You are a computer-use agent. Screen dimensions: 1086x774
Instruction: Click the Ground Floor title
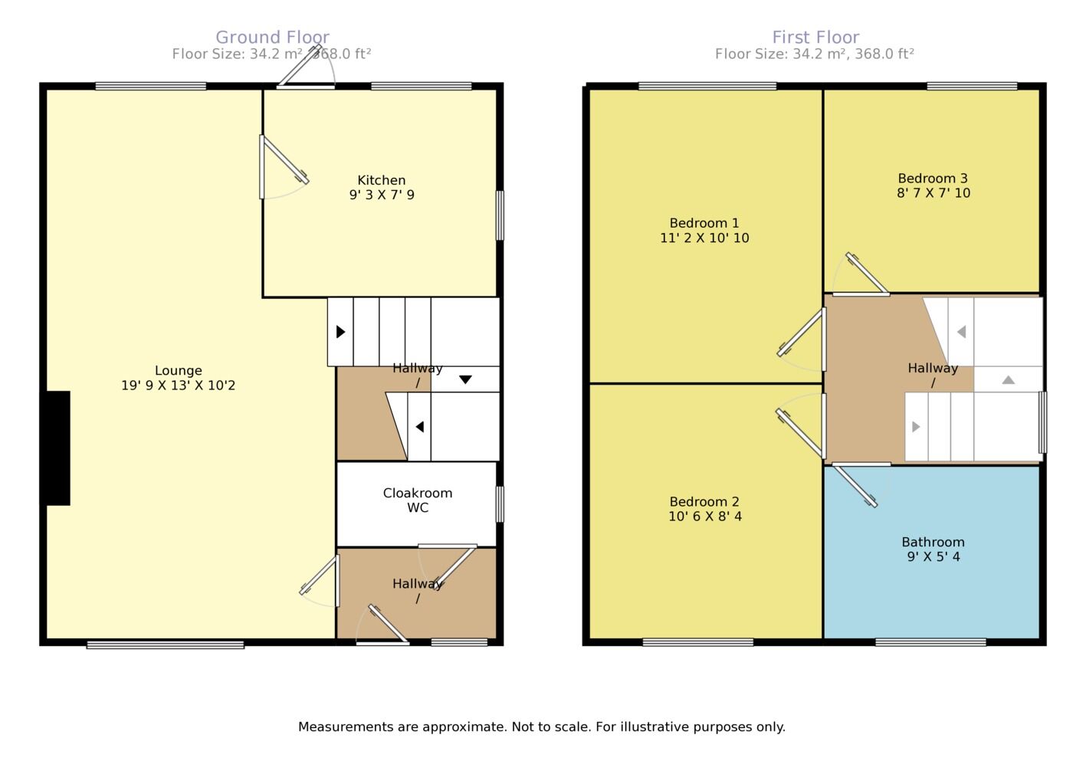pyautogui.click(x=273, y=38)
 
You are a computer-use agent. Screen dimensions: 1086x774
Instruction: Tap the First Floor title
pyautogui.click(x=815, y=38)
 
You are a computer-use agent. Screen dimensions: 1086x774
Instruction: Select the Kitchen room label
pyautogui.click(x=382, y=180)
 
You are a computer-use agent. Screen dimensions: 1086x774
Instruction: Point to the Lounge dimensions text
pyautogui.click(x=178, y=385)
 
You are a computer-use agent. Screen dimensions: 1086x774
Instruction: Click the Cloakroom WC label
pyautogui.click(x=418, y=500)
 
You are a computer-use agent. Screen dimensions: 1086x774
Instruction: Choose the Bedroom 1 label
pyautogui.click(x=704, y=223)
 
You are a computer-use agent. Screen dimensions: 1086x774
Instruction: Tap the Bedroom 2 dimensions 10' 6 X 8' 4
pyautogui.click(x=705, y=517)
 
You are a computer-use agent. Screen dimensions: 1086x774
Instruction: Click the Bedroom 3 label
pyautogui.click(x=933, y=179)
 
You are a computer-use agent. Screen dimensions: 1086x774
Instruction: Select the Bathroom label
pyautogui.click(x=933, y=542)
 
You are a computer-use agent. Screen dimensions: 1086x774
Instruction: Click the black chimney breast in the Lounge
pyautogui.click(x=57, y=448)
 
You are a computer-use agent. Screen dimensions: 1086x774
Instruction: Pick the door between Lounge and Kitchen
pyautogui.click(x=284, y=159)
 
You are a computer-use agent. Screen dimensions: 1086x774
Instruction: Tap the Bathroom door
pyautogui.click(x=856, y=486)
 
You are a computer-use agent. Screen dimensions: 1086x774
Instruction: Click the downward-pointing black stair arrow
pyautogui.click(x=465, y=380)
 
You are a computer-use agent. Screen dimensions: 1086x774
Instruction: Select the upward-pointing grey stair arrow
pyautogui.click(x=1009, y=380)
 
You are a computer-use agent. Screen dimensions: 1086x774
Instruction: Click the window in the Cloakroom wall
pyautogui.click(x=500, y=504)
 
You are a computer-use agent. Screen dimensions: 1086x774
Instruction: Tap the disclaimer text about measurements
pyautogui.click(x=542, y=726)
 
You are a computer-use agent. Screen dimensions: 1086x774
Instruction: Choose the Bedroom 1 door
pyautogui.click(x=800, y=339)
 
